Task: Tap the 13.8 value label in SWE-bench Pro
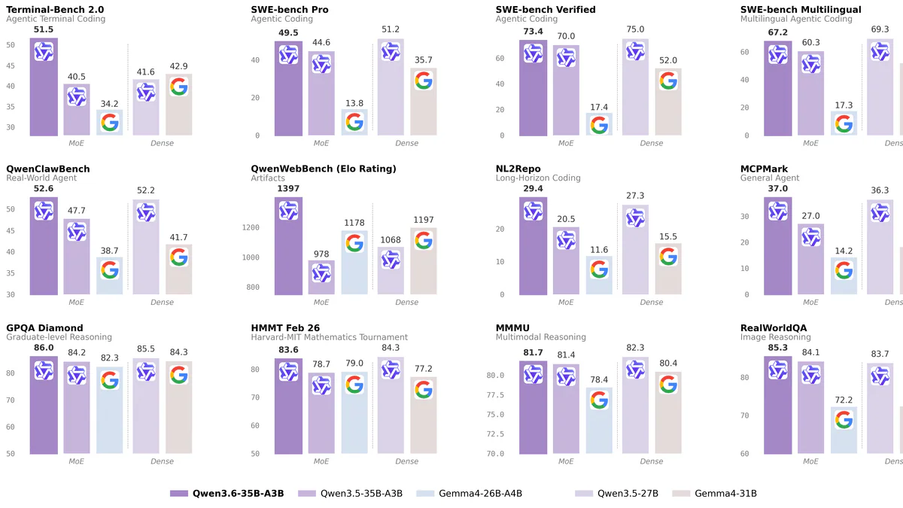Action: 354,102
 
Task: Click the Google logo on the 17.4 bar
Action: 599,125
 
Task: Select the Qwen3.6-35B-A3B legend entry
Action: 227,494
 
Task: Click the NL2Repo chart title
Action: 518,169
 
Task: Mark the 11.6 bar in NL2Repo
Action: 599,275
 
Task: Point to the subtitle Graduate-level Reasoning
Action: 59,337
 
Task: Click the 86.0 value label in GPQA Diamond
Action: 44,348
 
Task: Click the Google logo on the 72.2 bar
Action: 844,420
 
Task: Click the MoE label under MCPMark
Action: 810,303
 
